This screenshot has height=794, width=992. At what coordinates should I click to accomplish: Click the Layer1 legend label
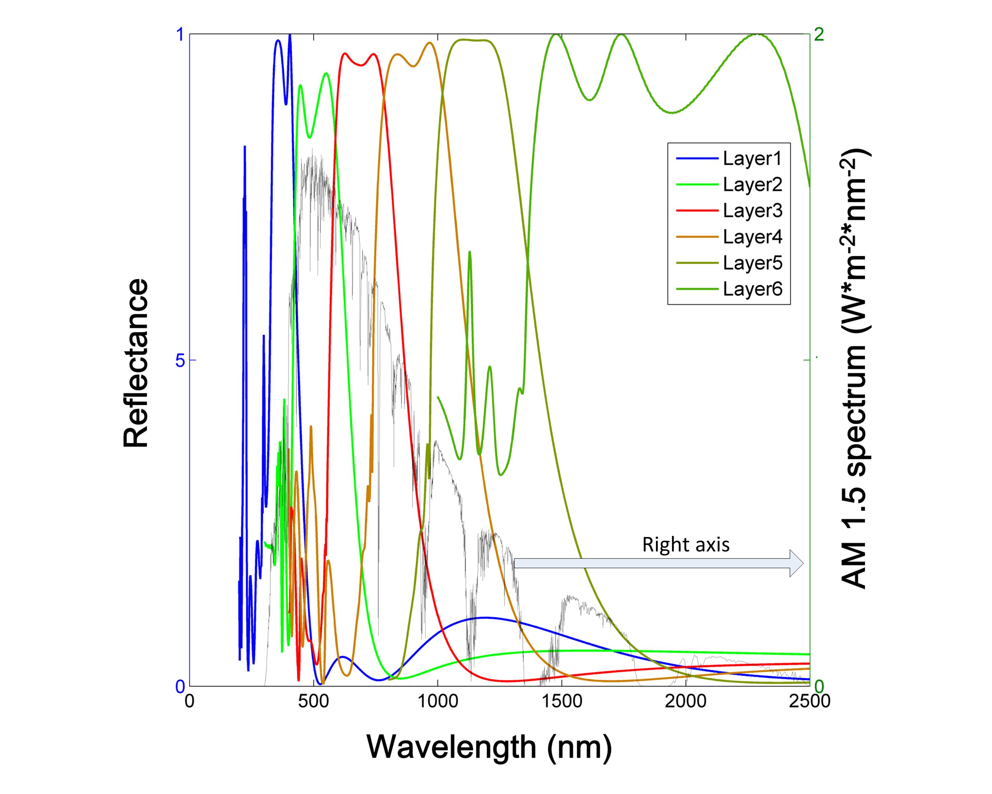point(752,159)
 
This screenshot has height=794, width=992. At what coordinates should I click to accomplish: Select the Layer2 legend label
point(752,185)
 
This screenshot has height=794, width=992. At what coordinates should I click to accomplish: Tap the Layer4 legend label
point(752,237)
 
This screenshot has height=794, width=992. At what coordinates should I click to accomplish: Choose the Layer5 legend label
point(752,263)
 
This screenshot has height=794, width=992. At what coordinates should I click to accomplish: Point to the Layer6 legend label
point(752,289)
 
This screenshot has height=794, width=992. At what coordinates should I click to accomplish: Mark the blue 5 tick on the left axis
point(180,360)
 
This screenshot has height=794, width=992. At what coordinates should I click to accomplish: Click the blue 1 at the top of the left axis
point(180,35)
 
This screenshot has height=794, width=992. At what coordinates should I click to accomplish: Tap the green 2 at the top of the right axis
point(818,35)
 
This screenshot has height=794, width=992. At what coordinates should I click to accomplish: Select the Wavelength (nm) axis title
point(489,747)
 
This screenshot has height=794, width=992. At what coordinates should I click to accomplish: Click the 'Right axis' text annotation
point(685,545)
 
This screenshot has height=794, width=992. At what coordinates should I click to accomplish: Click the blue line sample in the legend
point(697,159)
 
